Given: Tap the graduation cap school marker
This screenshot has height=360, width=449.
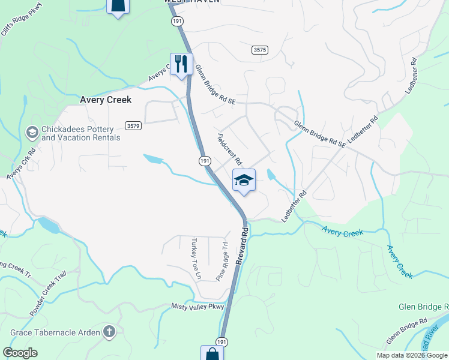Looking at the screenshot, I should pos(244,180).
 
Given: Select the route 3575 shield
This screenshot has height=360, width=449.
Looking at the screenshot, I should pos(259,50).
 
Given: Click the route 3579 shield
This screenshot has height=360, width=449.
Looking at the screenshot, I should pos(133,125).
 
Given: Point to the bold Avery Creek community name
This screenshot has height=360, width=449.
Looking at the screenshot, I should pos(106,100).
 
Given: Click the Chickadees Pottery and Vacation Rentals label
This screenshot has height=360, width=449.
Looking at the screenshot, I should pos(80,133).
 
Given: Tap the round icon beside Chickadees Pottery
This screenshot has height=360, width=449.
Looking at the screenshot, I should pos(32,131).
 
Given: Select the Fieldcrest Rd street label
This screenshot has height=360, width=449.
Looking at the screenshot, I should pos(229,149).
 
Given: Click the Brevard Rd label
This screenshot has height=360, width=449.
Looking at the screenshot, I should pos(241,244).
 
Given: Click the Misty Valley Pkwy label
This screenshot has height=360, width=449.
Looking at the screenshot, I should pos(197,307).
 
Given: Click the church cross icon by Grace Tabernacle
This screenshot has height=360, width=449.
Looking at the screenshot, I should pos(109,331).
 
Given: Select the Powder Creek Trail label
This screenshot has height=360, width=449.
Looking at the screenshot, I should pos(47,295).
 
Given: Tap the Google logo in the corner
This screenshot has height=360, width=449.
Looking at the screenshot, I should pos(20,353).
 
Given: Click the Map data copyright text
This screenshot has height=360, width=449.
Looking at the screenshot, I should pos(412,355).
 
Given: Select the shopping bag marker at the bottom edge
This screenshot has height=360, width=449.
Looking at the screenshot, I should pos(212,353).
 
